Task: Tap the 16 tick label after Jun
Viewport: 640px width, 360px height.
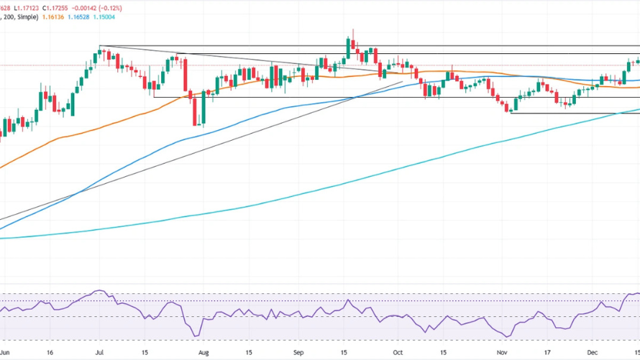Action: click(x=49, y=353)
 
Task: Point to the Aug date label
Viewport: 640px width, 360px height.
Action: click(x=204, y=353)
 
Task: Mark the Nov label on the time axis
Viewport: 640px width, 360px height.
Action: click(x=498, y=353)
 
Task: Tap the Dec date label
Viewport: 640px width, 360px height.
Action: click(x=593, y=353)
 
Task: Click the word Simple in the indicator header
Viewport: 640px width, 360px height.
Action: click(x=26, y=17)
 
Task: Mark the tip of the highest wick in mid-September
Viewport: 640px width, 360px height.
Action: click(x=353, y=30)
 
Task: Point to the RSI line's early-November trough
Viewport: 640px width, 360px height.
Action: click(x=508, y=336)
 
